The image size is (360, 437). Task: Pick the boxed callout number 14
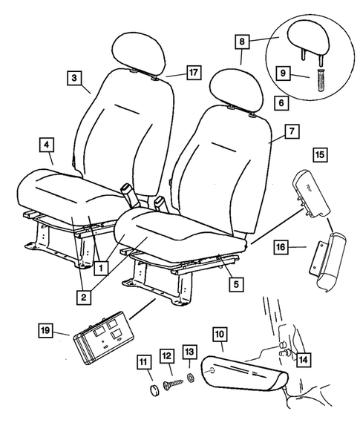[x=302, y=361]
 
